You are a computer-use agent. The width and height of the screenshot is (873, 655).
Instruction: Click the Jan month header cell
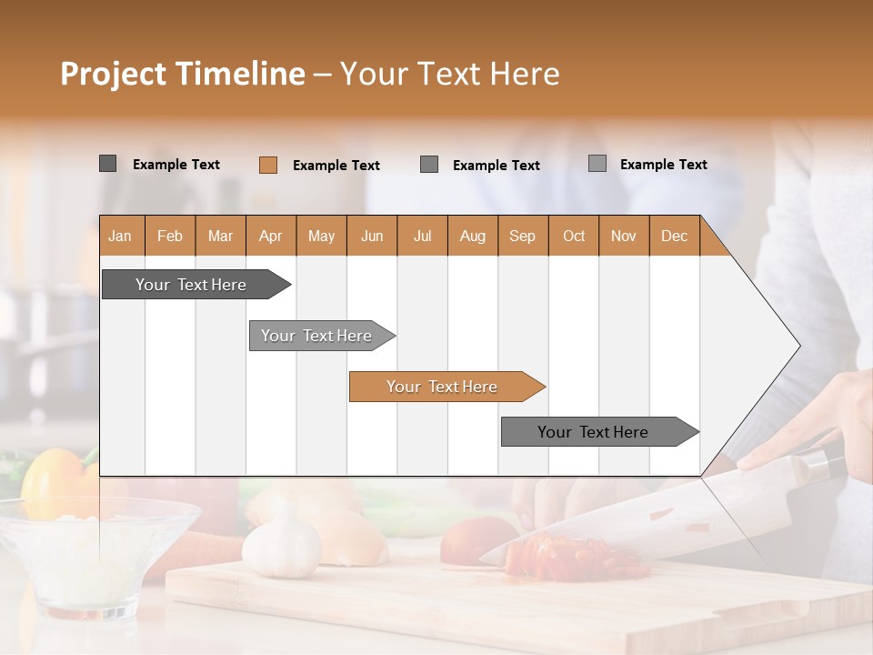coord(121,236)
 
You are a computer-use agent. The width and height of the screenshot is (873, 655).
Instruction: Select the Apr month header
coord(271,236)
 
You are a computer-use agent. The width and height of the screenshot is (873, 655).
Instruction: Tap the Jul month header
coord(422,236)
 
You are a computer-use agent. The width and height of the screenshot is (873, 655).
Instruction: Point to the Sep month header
coord(522,236)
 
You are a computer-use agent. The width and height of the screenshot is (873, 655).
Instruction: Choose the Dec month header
coord(674,236)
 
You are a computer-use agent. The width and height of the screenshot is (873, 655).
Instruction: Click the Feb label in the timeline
coord(170,236)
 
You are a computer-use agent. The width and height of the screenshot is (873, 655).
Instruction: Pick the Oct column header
coord(574,236)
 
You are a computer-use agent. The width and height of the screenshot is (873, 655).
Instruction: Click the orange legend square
coord(267,165)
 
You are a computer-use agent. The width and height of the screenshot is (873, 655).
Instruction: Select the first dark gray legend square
coord(107,164)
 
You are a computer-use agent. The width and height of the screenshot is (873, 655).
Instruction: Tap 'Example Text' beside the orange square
coord(336,166)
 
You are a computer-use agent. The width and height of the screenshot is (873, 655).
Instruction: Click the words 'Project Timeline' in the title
coord(182,74)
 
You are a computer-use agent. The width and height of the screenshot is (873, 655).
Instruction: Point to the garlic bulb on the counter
coord(281,544)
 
